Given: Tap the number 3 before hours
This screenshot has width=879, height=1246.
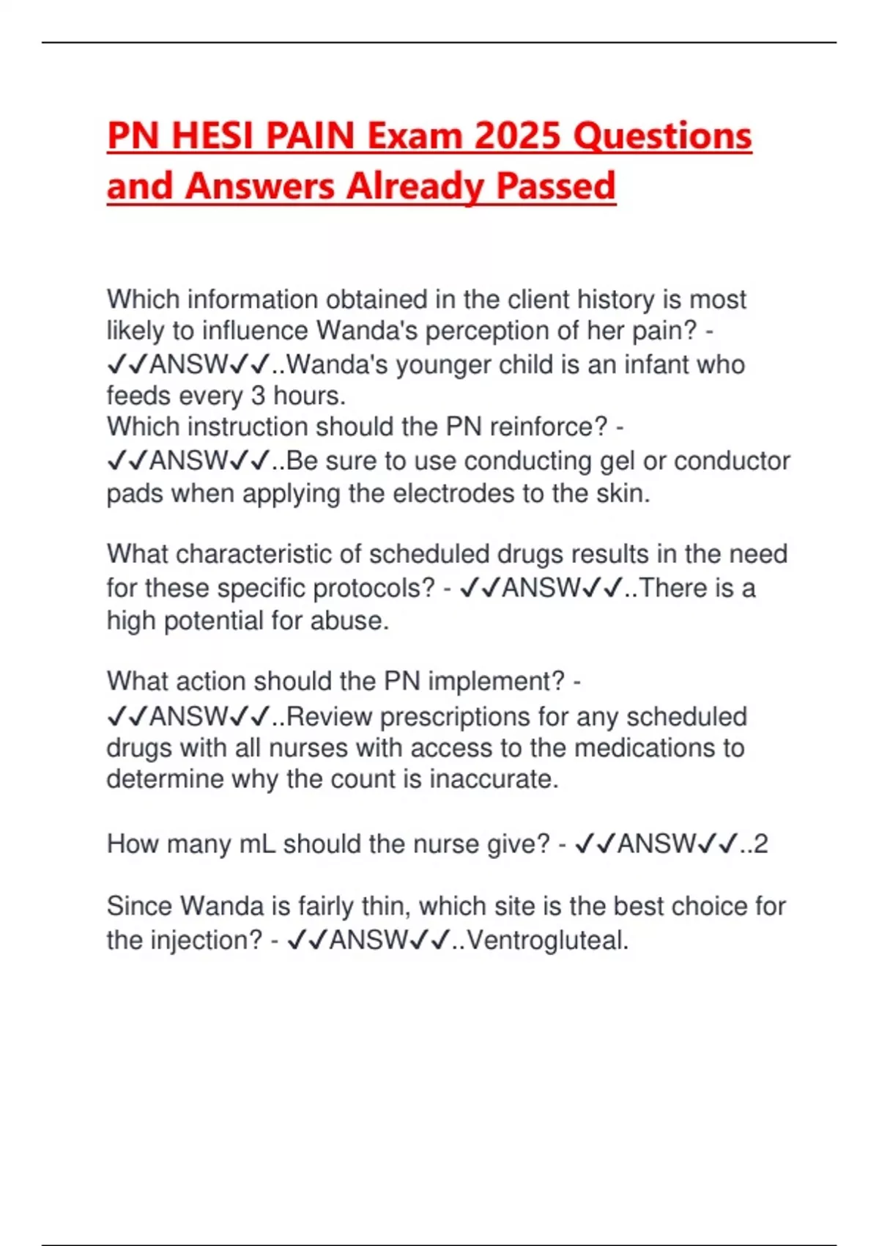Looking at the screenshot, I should click(x=258, y=396).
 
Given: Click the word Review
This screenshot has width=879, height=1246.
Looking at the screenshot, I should click(x=329, y=716).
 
